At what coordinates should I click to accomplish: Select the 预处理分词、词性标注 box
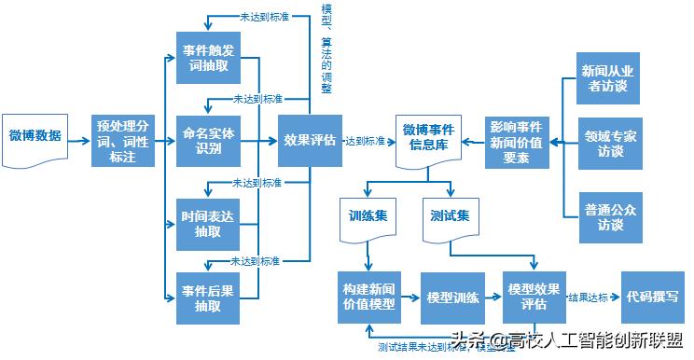click(123, 140)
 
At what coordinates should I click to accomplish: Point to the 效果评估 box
click(310, 140)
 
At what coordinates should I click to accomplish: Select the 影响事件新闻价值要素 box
click(516, 142)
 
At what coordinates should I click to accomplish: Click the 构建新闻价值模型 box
click(368, 298)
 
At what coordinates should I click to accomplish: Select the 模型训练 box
click(452, 298)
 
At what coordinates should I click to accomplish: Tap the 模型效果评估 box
click(534, 298)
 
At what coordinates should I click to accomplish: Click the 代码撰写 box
click(653, 297)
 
